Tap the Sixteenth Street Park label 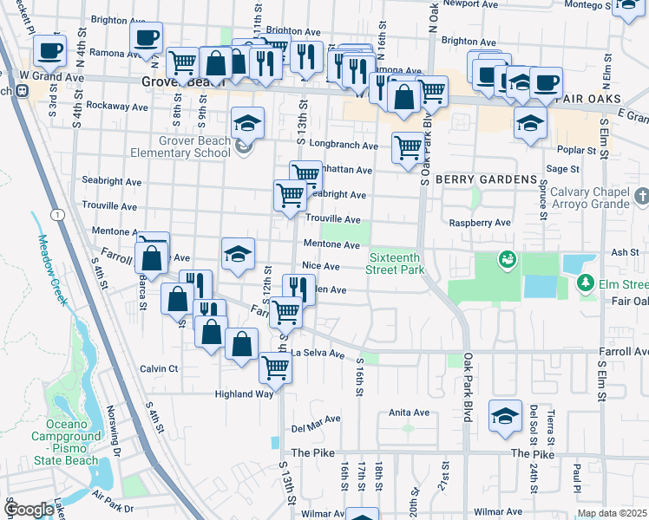click(397, 263)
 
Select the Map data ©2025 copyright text click(612, 513)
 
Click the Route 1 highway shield click(56, 213)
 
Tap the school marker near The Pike click(505, 416)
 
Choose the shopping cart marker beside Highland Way click(275, 367)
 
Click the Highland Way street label click(246, 393)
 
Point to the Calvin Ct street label click(159, 368)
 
